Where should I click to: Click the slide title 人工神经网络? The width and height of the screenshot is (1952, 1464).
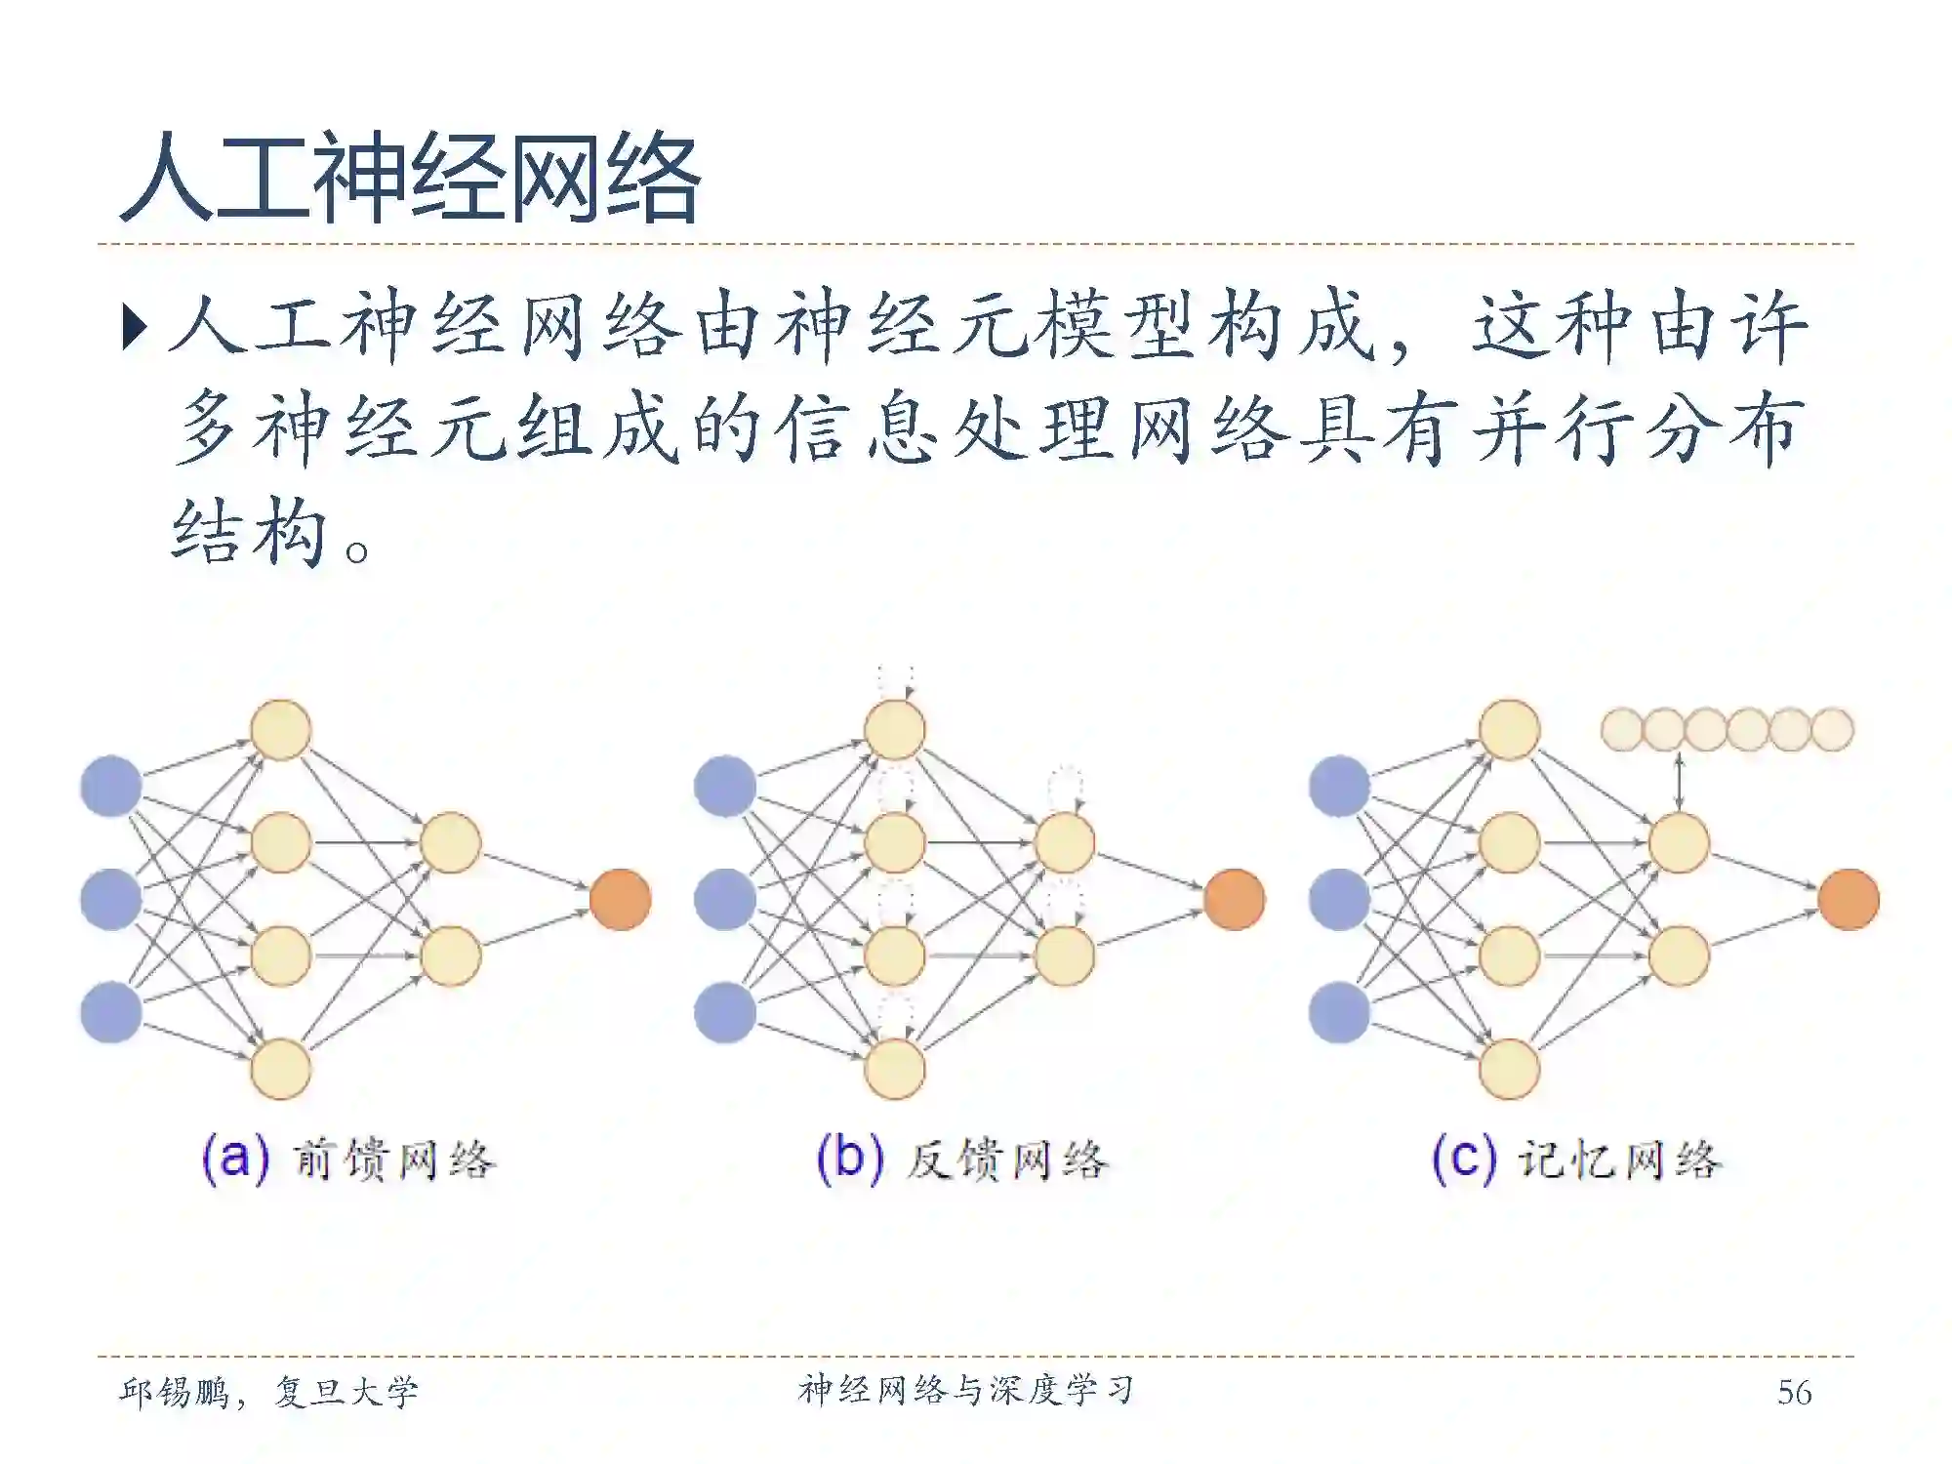tap(410, 180)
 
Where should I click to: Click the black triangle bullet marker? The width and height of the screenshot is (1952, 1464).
tap(135, 327)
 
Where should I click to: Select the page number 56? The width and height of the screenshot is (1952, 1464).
tap(1794, 1392)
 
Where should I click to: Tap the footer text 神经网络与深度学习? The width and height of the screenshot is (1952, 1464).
tap(966, 1390)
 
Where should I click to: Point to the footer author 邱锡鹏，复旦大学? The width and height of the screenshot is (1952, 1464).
tap(268, 1392)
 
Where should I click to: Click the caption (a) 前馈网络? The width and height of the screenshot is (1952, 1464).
tap(348, 1159)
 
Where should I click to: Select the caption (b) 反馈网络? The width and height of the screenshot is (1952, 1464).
tap(962, 1159)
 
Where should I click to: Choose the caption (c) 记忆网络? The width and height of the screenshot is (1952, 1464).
tap(1576, 1159)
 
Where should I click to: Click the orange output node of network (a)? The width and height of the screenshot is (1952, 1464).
tap(621, 899)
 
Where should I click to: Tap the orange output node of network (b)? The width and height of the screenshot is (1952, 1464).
tap(1235, 899)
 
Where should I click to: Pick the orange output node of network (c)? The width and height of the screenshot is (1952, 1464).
tap(1849, 899)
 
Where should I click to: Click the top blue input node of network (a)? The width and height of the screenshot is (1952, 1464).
tap(111, 786)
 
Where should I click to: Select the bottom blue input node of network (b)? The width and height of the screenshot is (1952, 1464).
tap(725, 1012)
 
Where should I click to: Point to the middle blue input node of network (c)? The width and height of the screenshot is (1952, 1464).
tap(1339, 899)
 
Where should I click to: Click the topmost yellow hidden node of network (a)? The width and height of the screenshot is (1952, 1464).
tap(281, 729)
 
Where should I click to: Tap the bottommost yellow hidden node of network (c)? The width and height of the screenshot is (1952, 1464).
tap(1509, 1069)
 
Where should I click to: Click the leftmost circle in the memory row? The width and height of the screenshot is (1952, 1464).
tap(1622, 729)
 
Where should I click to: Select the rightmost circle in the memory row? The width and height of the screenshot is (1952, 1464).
tap(1832, 729)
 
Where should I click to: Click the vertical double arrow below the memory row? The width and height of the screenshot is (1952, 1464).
tap(1679, 781)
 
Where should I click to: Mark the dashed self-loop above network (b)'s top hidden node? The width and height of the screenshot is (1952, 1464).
tap(896, 681)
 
